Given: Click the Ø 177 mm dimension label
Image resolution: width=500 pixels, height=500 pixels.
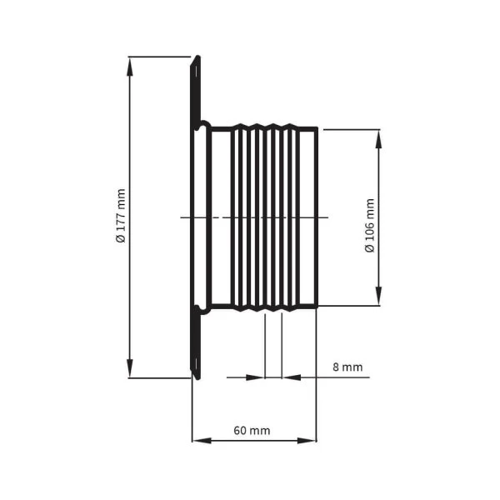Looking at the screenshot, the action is tap(121, 216).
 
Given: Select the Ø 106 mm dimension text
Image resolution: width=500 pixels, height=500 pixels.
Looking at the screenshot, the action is tap(369, 226).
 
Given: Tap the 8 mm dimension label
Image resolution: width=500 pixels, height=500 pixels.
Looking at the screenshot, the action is tap(347, 367).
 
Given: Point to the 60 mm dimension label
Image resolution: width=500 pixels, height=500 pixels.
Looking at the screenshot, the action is tap(252, 431).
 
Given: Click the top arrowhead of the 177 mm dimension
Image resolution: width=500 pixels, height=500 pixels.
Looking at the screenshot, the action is tap(129, 67).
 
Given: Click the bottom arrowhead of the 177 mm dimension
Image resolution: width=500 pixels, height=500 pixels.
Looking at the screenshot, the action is tap(129, 368).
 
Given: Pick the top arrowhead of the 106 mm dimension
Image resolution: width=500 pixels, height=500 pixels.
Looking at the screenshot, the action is tap(378, 139).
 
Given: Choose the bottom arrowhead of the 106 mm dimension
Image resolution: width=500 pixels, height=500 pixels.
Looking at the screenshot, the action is tap(378, 296).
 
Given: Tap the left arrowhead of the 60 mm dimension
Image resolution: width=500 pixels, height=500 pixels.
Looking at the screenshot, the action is tap(202, 441).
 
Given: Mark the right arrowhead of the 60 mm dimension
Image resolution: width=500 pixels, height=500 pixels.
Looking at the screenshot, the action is tap(307, 441).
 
